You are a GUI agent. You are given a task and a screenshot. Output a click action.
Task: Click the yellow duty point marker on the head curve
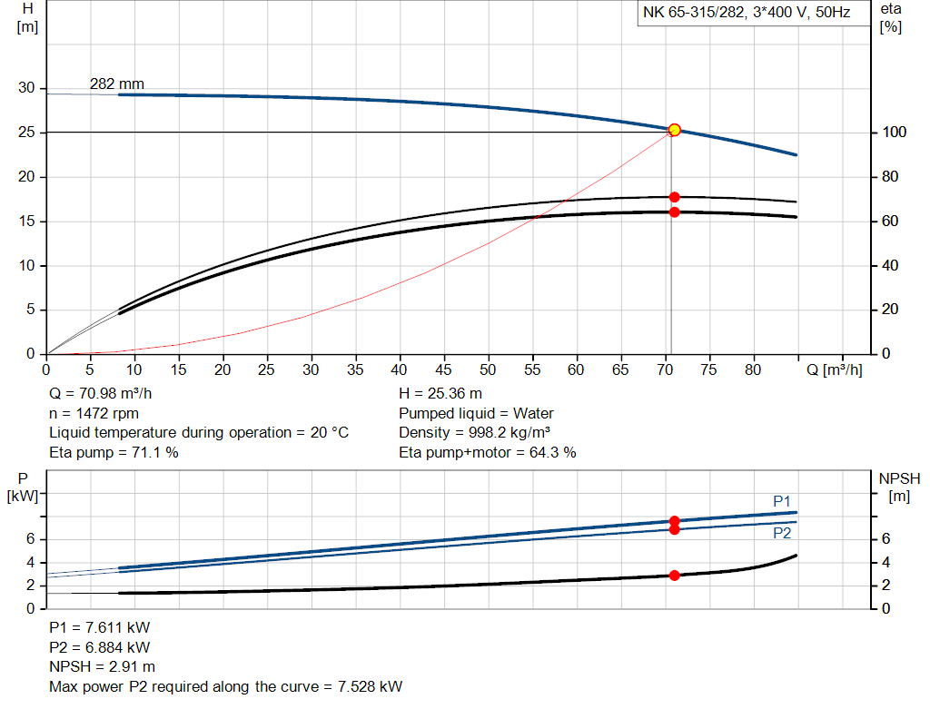pyautogui.click(x=674, y=130)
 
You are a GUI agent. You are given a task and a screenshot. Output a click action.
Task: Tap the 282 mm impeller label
pyautogui.click(x=116, y=84)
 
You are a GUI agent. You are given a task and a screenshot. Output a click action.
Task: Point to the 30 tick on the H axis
pyautogui.click(x=27, y=88)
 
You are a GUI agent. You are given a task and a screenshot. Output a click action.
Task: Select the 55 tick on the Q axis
pyautogui.click(x=533, y=370)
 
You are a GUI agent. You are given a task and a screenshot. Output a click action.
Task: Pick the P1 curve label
pyautogui.click(x=782, y=501)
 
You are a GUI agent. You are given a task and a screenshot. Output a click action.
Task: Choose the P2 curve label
pyautogui.click(x=782, y=534)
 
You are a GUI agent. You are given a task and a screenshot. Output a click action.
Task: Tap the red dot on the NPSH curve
pyautogui.click(x=674, y=576)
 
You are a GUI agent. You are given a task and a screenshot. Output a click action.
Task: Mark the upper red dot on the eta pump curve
pyautogui.click(x=674, y=197)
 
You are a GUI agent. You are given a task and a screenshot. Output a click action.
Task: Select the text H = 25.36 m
pyautogui.click(x=440, y=394)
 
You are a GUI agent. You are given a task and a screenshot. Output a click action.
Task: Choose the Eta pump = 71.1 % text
pyautogui.click(x=114, y=452)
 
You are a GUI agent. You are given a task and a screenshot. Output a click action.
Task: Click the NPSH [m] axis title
pyautogui.click(x=899, y=487)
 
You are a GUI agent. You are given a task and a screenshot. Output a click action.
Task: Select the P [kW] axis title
pyautogui.click(x=23, y=487)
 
